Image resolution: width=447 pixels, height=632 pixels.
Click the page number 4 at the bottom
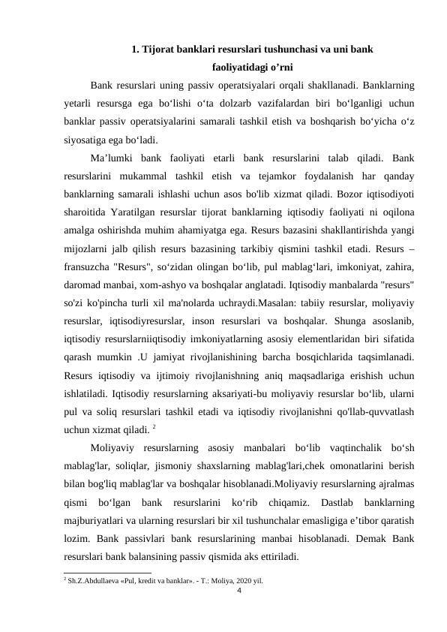click(x=238, y=591)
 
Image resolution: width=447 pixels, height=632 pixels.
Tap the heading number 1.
click(x=134, y=50)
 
